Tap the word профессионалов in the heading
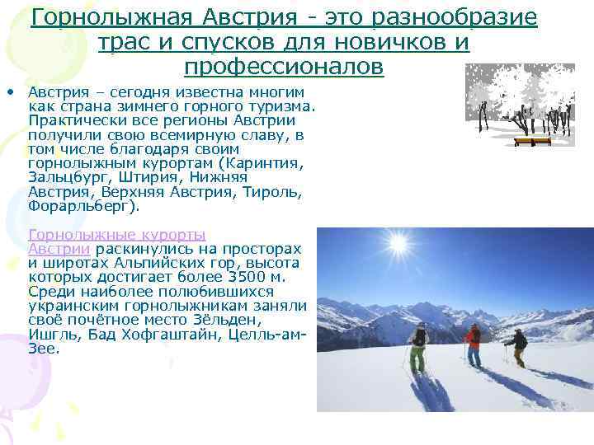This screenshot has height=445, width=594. point(284,65)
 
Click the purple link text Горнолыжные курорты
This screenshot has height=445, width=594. point(116,235)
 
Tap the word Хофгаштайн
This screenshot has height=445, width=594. point(153,334)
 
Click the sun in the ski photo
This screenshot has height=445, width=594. point(398,245)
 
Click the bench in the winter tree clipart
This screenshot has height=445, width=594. point(532,141)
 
